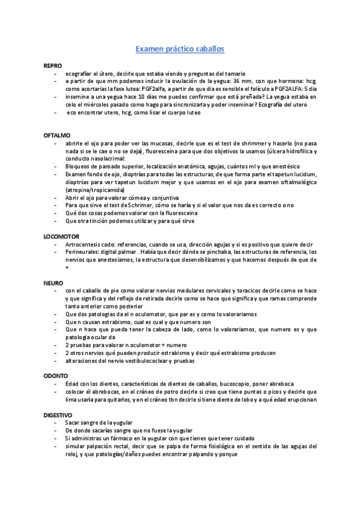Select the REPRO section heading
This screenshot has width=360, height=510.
(52, 65)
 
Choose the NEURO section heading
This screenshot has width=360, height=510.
(53, 282)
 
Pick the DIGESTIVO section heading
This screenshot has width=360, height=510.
(58, 415)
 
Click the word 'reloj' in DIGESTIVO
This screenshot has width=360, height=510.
(72, 454)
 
